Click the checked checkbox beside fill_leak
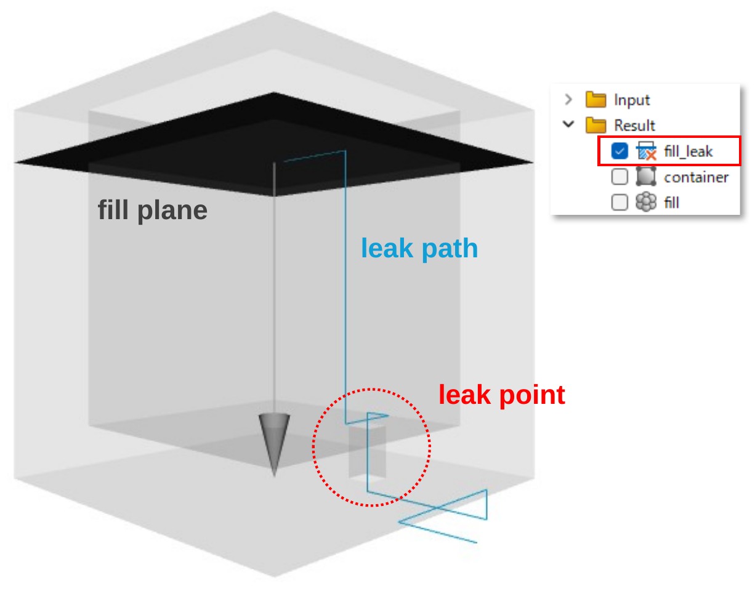point(620,151)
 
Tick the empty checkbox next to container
point(620,177)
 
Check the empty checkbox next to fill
point(620,202)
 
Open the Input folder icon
point(596,100)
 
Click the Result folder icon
point(596,125)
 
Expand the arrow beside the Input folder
point(568,100)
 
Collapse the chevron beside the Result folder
point(568,124)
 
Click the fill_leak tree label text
point(688,151)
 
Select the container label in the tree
point(696,177)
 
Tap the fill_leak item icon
point(646,151)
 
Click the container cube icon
point(646,177)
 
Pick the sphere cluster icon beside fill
point(646,202)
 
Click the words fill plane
point(153,211)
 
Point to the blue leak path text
point(419,249)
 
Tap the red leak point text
point(502,395)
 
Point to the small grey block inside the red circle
point(367,452)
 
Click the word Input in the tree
point(632,100)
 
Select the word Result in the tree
point(634,126)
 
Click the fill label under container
point(671,203)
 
